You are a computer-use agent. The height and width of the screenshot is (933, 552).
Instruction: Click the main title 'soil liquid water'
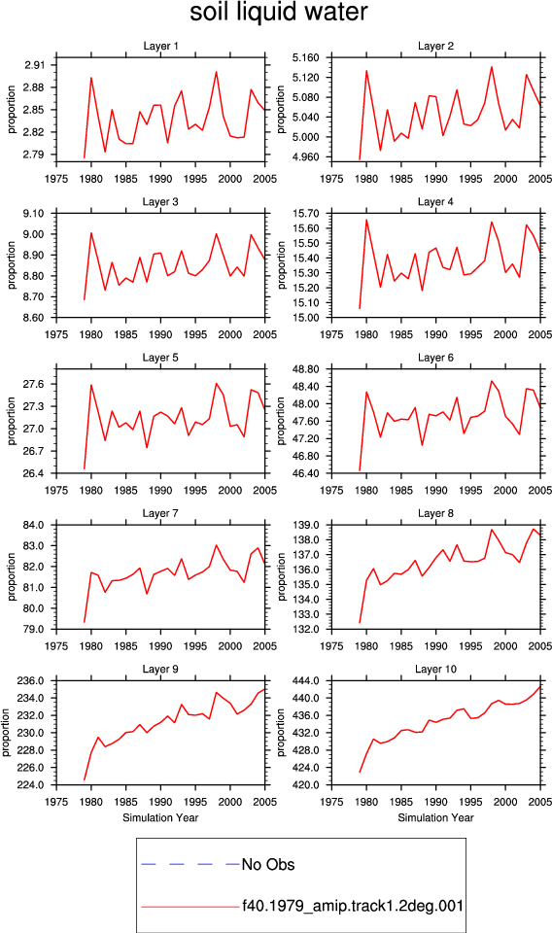278,13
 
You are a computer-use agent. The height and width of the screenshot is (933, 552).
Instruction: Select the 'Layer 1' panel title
160,46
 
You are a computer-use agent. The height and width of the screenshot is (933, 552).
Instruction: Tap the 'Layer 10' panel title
436,669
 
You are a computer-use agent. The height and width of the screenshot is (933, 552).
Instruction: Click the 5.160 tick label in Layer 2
306,57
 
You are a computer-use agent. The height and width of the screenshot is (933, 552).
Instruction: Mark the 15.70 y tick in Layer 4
307,214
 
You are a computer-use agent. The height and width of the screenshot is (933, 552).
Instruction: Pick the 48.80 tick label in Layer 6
307,369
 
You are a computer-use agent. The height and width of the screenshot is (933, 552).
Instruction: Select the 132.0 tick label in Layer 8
307,629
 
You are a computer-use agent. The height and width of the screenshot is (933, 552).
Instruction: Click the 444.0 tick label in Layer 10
307,680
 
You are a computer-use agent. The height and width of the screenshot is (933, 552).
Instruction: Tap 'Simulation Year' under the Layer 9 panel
160,817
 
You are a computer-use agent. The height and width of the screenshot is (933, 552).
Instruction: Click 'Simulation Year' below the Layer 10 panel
436,817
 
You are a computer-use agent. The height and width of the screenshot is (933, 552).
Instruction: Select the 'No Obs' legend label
268,864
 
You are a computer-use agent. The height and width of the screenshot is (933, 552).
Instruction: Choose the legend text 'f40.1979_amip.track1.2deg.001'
353,906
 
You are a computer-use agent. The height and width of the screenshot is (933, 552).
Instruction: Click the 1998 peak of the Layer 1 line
216,72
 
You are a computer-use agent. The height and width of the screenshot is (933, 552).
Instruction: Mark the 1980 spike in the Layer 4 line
366,220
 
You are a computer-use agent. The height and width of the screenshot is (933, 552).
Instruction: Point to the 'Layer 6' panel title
436,358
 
